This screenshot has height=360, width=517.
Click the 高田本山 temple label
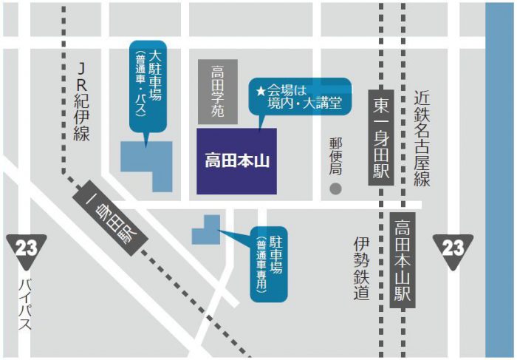tap(236, 160)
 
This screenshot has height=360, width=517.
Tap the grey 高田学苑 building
tap(218, 91)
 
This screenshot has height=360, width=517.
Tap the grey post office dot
tap(336, 189)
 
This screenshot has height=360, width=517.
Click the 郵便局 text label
tap(336, 155)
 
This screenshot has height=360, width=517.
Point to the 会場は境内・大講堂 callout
tap(299, 97)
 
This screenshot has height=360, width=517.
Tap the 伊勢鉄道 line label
tap(360, 269)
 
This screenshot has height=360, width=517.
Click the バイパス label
tap(26, 303)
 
